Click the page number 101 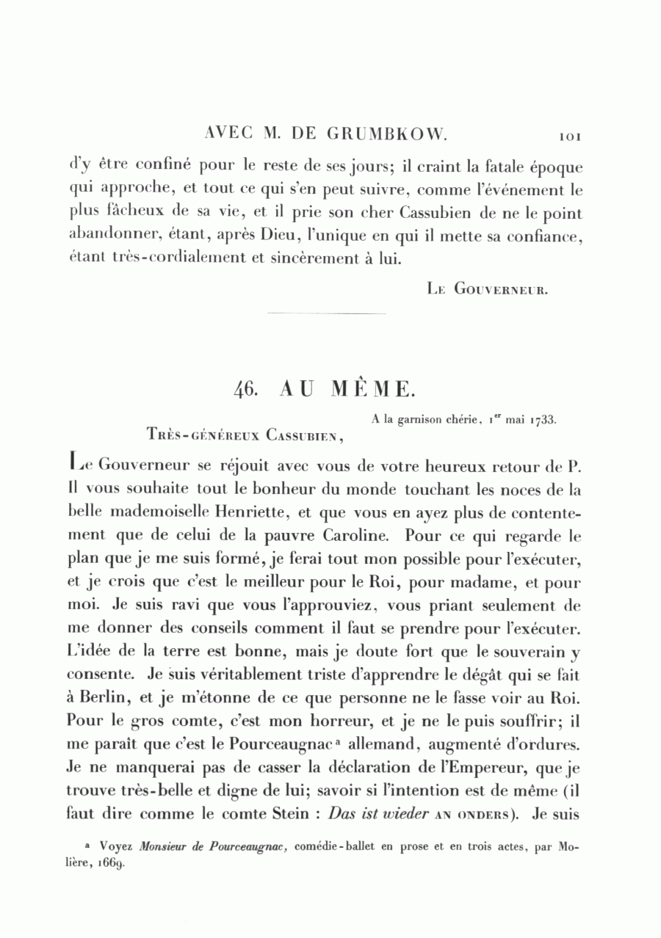point(570,137)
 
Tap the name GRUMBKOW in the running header point(384,135)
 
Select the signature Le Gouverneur point(488,289)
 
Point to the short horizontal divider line point(328,314)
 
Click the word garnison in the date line point(422,421)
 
